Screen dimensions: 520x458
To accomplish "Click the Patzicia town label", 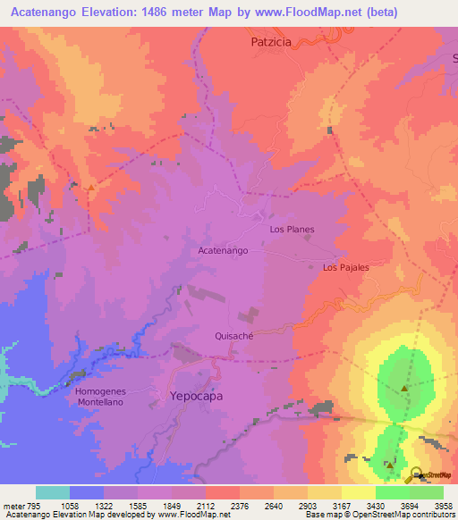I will [272, 42].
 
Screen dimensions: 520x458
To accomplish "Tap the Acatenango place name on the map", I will [223, 251].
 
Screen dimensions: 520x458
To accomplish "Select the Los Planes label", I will [292, 230].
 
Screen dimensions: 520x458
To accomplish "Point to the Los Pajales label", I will [346, 267].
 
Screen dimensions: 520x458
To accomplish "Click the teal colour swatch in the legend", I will [53, 492].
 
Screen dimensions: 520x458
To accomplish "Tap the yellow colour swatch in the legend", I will [358, 492].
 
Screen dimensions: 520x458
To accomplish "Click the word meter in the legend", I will [13, 507].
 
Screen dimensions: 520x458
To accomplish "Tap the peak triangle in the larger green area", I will [404, 389].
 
